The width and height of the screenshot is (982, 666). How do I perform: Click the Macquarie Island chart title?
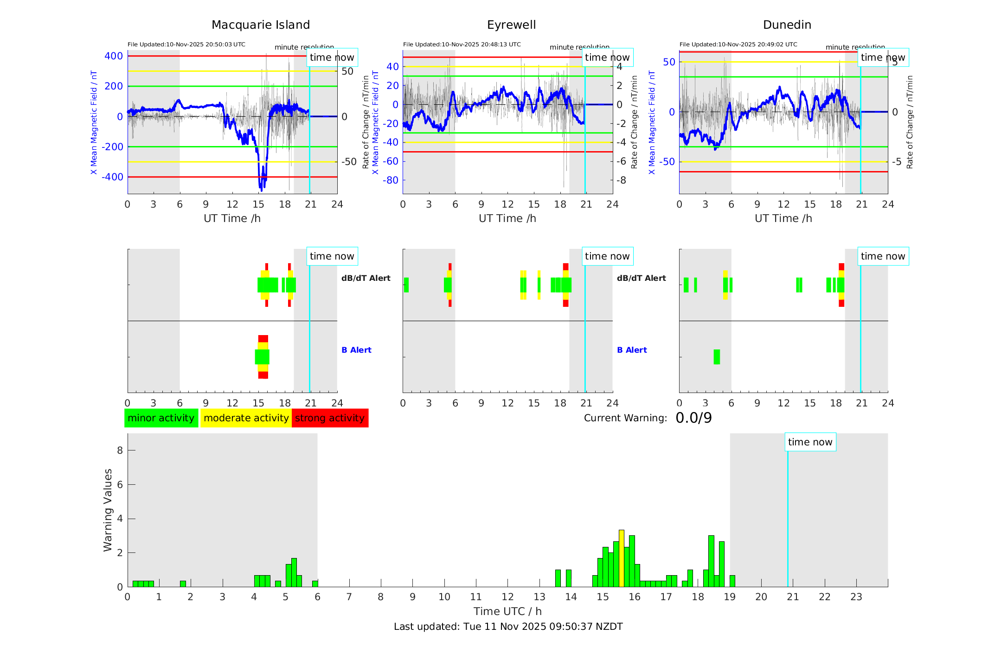[260, 25]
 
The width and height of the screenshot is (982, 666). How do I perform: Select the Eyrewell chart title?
[511, 25]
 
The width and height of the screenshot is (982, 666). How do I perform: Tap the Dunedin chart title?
[787, 25]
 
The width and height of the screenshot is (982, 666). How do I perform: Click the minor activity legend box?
[161, 418]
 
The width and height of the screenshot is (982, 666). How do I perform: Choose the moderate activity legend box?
[246, 418]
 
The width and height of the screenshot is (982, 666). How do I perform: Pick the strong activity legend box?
[330, 418]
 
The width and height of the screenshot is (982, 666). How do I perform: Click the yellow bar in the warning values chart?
[622, 558]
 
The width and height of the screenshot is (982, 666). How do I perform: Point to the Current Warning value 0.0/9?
[693, 418]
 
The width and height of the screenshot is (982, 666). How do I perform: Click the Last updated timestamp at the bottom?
[508, 627]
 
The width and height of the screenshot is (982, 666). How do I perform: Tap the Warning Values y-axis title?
[108, 510]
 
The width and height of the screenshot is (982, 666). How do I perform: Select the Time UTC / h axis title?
[507, 611]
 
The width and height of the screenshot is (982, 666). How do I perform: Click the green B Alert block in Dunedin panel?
[717, 357]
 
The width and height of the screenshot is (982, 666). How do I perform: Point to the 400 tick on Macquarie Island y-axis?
[114, 56]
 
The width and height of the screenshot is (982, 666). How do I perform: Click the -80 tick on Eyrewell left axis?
[391, 180]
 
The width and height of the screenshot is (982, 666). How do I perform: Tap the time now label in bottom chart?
[810, 442]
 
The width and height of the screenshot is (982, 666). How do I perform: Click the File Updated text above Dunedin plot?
[738, 44]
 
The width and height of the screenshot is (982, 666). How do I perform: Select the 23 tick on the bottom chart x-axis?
[856, 597]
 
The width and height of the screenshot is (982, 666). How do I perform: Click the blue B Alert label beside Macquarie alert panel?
[356, 350]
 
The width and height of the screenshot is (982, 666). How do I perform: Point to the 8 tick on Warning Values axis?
[120, 450]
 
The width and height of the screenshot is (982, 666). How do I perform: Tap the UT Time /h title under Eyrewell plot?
[507, 218]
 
